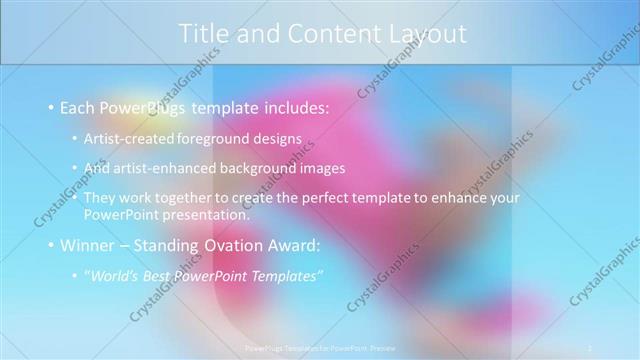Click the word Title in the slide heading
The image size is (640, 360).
pos(202,33)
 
